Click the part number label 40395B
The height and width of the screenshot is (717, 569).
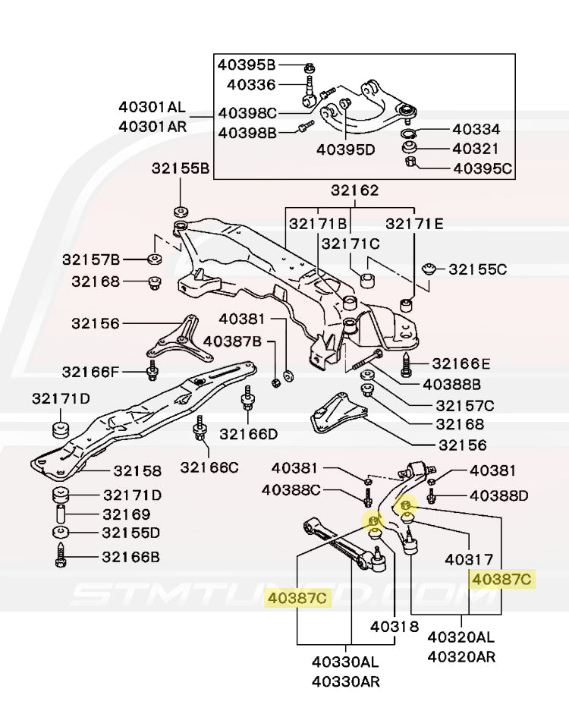click(x=247, y=64)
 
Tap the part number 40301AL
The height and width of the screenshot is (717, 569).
click(x=152, y=108)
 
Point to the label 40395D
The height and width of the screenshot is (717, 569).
click(x=346, y=149)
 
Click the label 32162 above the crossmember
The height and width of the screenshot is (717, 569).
click(x=354, y=191)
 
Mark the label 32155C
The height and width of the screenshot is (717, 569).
click(x=477, y=269)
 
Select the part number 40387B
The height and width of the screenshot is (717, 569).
click(x=232, y=342)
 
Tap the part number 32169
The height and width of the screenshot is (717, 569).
click(x=126, y=514)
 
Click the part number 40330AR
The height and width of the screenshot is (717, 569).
click(x=346, y=681)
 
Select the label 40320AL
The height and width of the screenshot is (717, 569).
click(x=461, y=638)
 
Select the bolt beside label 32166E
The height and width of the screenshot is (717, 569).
click(x=407, y=366)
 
